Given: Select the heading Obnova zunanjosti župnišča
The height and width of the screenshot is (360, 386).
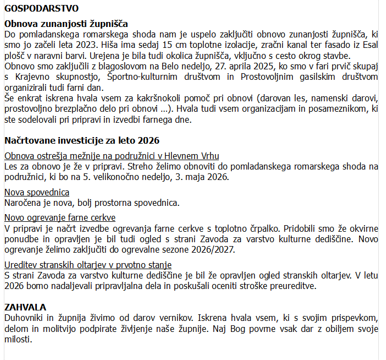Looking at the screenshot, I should coord(66,24).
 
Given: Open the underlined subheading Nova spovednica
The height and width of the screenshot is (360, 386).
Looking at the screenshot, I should coord(37,192).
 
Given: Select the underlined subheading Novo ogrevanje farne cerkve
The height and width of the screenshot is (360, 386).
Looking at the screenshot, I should coord(60,217).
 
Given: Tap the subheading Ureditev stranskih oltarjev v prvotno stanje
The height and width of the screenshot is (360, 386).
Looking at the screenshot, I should coord(88,265).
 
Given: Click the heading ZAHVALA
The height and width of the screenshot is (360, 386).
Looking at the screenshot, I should coord(25,307).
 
